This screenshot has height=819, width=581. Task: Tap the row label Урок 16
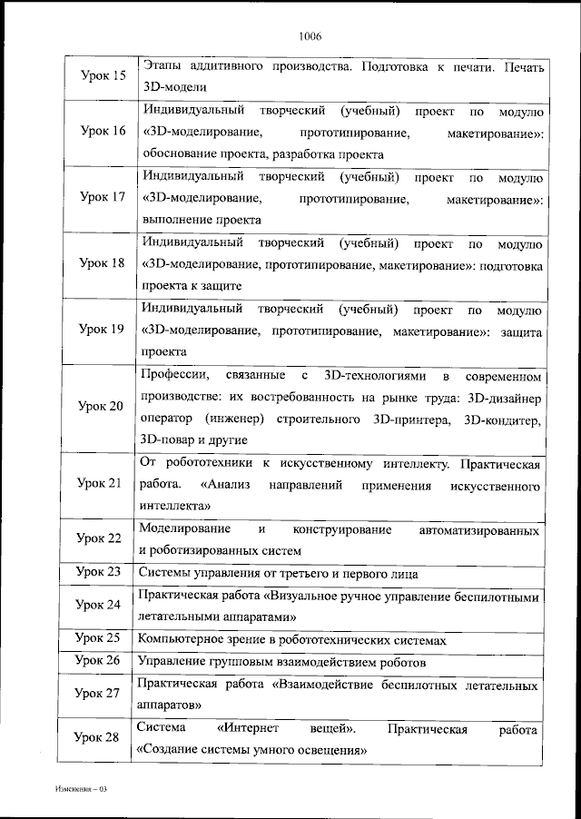103,132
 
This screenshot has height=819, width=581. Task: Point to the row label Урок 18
103,263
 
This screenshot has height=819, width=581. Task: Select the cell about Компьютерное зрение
291,640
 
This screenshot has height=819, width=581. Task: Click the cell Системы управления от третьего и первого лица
279,573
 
